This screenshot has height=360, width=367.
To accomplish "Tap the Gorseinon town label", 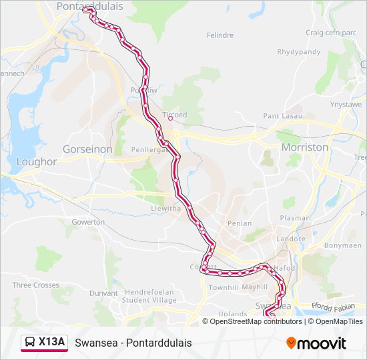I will (87, 149).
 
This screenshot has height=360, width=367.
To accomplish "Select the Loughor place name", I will (36, 161).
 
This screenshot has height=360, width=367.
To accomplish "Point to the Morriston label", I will (305, 147).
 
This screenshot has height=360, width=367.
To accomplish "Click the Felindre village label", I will (220, 35).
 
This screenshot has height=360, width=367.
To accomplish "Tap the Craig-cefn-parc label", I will (331, 32).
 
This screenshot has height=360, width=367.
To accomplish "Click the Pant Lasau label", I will (282, 115).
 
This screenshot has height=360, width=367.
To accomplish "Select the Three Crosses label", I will (35, 285).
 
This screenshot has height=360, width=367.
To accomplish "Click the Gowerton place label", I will (88, 221).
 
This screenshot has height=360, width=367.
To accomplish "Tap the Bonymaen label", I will (342, 245).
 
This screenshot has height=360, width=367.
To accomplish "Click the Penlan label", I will (240, 223).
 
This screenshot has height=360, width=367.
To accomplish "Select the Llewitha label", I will (165, 208).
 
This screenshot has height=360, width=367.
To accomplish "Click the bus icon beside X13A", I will (30, 342).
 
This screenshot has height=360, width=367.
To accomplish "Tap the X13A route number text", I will (51, 342).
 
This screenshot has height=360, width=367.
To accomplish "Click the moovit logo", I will (316, 343).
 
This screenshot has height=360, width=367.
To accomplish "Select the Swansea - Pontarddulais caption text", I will (133, 343).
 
